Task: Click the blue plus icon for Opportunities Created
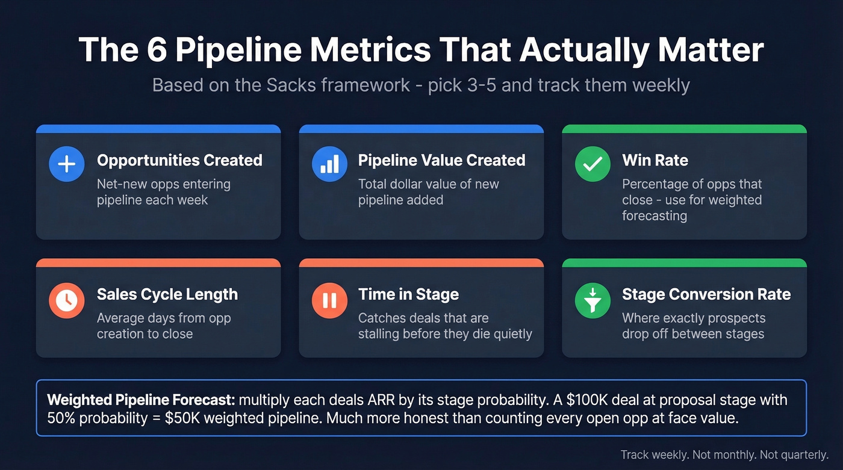coord(67,164)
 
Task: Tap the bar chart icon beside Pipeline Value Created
coord(329,164)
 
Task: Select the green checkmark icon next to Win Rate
coord(593,164)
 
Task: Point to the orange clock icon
coord(67,299)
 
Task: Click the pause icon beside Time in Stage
coord(329,299)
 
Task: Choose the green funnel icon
coord(593,299)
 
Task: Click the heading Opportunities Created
coord(179,160)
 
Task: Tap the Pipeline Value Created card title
coord(441,160)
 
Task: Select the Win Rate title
coord(655,160)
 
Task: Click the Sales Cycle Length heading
coord(167,294)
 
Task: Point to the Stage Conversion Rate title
coord(706,294)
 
